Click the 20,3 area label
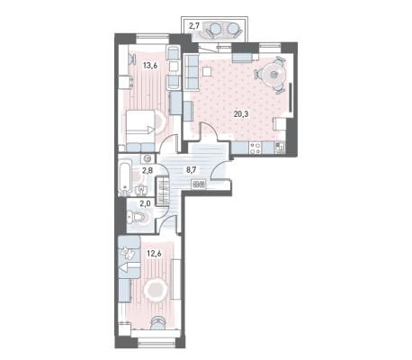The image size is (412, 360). [242, 113]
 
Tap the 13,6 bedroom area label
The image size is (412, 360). [150, 65]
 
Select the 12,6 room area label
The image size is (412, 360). [154, 254]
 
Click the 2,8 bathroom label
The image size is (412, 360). [148, 171]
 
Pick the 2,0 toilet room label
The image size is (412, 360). [145, 204]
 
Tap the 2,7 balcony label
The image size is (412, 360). [194, 26]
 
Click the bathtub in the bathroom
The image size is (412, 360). [125, 176]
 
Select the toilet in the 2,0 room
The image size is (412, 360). [137, 217]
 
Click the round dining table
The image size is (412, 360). [273, 75]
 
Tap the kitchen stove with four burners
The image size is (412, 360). [255, 148]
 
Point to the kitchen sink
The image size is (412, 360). [280, 148]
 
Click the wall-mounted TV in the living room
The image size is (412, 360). [291, 97]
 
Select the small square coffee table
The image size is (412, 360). [207, 71]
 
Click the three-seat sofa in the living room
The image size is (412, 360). [192, 72]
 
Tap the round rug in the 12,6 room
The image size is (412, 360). [156, 290]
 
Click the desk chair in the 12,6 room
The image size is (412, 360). [158, 322]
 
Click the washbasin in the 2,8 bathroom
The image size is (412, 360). [141, 190]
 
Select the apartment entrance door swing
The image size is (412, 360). [220, 169]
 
